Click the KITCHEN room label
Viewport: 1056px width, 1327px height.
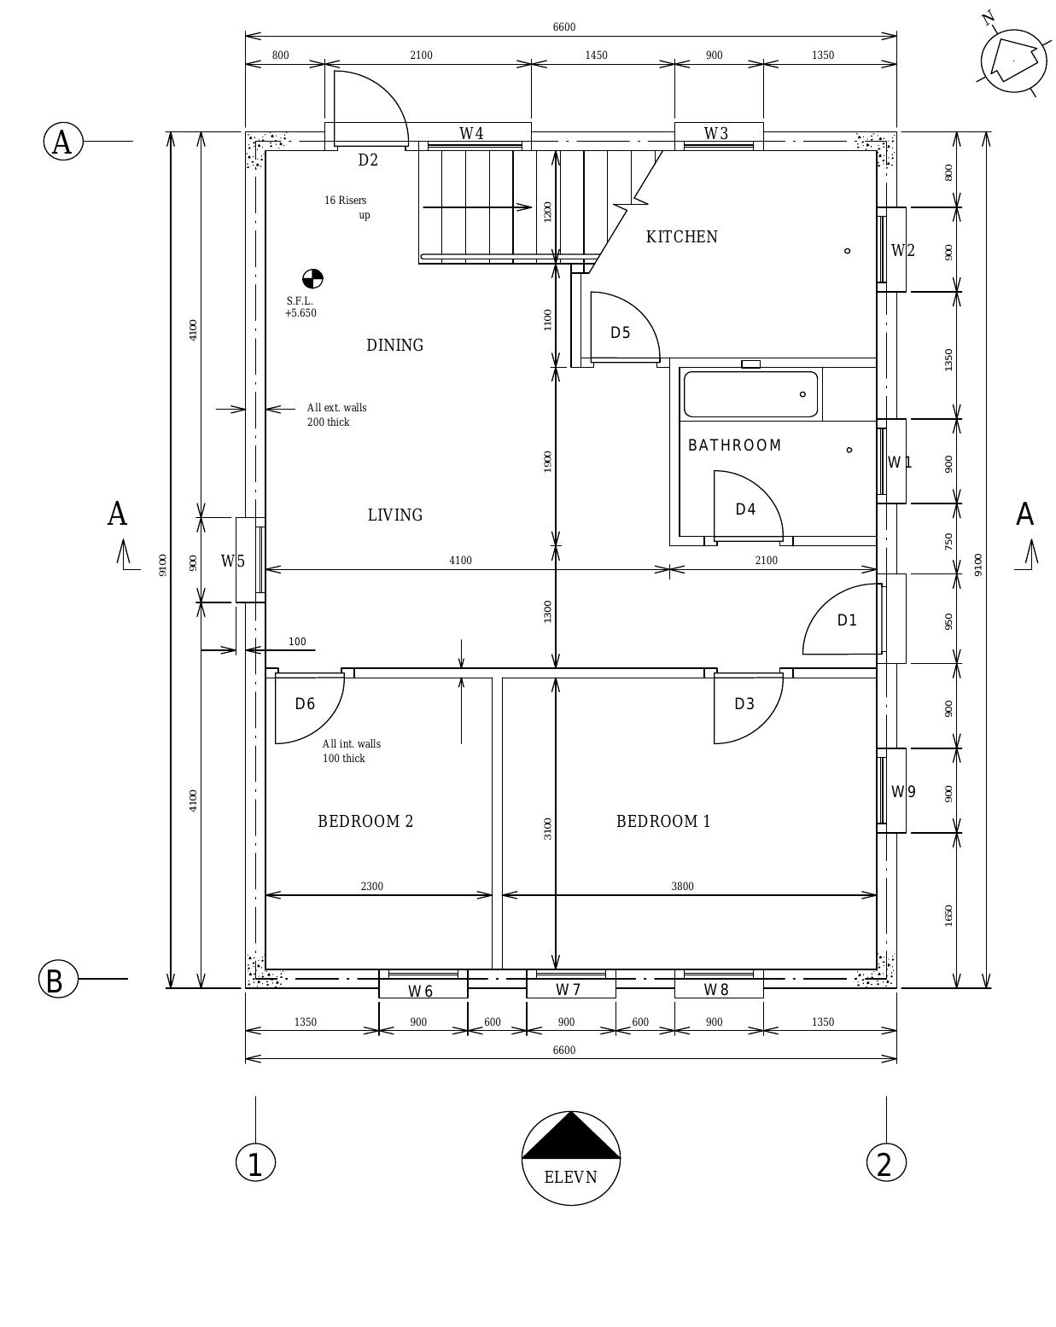click(x=681, y=237)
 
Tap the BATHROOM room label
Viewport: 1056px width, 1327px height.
click(x=734, y=445)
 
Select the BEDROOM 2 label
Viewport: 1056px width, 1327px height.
click(x=365, y=821)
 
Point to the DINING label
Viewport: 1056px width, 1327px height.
click(x=394, y=346)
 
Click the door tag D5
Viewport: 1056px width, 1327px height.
click(x=620, y=333)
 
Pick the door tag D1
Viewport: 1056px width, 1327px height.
click(x=847, y=620)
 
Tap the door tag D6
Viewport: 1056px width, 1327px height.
click(x=305, y=704)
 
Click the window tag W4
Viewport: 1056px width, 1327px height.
click(x=471, y=134)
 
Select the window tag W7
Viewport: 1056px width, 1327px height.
click(x=568, y=990)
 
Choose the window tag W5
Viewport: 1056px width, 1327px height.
click(x=232, y=562)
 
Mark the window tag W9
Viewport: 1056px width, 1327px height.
click(x=903, y=792)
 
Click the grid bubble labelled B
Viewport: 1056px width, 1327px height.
click(x=58, y=979)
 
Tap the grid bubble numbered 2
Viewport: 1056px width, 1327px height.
click(x=885, y=1162)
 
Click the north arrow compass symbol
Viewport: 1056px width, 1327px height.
click(x=1013, y=61)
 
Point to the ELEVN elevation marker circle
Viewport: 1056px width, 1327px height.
click(x=570, y=1158)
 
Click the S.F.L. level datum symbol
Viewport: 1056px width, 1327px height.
click(x=312, y=279)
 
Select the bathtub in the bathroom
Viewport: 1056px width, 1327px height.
click(x=750, y=394)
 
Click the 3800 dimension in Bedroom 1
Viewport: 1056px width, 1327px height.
click(x=682, y=887)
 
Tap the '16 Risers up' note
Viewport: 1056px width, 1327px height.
click(x=347, y=207)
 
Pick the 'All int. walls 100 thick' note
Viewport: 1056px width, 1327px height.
click(x=351, y=751)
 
